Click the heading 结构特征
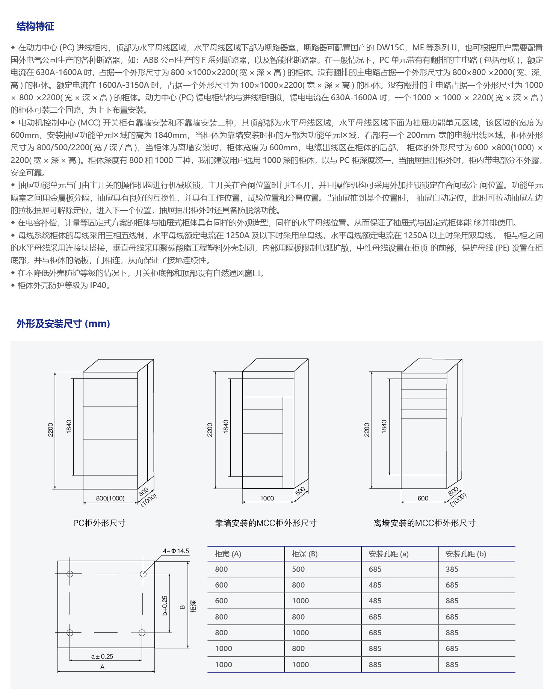(35, 26)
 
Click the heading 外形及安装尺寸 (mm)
(63, 323)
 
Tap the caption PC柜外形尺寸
(99, 523)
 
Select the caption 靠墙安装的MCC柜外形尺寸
(266, 523)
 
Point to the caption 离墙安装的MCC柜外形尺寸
(425, 523)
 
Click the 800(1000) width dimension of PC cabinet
(110, 498)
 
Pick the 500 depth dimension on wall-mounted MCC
(300, 491)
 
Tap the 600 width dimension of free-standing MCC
(423, 498)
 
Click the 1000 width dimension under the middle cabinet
(267, 498)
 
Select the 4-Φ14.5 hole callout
(176, 551)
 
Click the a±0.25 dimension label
(102, 656)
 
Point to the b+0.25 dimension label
(165, 606)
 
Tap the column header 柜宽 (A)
(228, 554)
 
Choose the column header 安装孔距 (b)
(466, 554)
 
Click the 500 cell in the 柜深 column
(298, 569)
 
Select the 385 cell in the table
(452, 569)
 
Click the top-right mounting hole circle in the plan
(143, 574)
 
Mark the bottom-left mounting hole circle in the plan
(70, 633)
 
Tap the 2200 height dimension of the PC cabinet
(51, 430)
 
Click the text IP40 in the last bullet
(98, 286)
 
